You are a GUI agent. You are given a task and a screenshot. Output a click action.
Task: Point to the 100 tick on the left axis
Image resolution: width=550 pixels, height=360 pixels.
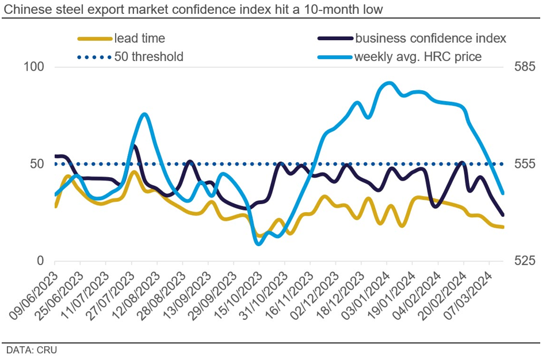click(33, 67)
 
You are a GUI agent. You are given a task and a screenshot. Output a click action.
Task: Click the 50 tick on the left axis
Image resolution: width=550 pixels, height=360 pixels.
click(37, 164)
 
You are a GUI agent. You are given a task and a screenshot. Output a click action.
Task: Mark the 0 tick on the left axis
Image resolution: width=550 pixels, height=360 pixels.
click(40, 261)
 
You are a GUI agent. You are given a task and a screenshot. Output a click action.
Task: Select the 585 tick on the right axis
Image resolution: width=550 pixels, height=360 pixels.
click(524, 67)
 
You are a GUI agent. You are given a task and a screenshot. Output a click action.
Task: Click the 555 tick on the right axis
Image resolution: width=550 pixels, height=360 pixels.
click(524, 164)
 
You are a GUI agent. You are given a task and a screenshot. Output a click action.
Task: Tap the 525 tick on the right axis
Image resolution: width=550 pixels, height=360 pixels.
click(524, 261)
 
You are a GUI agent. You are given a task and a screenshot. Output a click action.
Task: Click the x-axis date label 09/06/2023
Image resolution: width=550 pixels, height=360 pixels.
click(33, 293)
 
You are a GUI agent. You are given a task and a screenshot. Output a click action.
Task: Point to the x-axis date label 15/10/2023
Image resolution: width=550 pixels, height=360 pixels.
click(237, 293)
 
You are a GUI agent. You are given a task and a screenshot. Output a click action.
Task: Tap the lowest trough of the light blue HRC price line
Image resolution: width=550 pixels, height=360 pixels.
click(258, 243)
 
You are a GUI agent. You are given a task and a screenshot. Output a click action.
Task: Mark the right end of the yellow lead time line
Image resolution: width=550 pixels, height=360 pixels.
click(503, 227)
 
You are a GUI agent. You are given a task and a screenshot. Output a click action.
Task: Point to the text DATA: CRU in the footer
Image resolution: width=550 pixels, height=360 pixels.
click(32, 349)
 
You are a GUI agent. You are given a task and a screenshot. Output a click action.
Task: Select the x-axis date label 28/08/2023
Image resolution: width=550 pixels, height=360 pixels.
click(161, 293)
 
